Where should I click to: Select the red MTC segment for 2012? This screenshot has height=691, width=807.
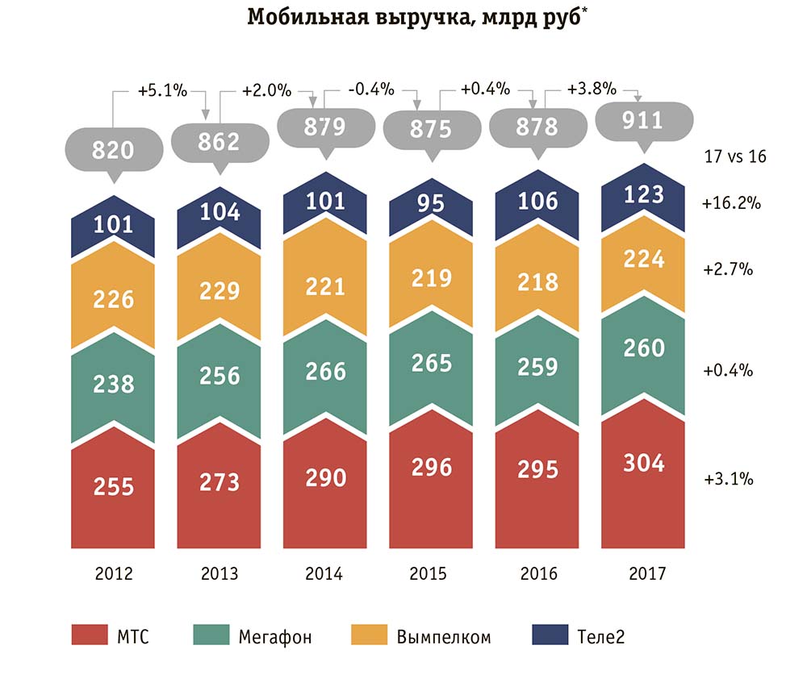click(x=113, y=492)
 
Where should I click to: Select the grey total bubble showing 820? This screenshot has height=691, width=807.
click(x=113, y=150)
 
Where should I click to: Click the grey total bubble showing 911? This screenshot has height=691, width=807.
click(x=643, y=121)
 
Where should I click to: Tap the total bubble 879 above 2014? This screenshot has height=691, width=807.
click(x=324, y=127)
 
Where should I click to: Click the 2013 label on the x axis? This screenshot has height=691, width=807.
click(x=220, y=574)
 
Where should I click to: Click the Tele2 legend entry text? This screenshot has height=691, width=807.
click(x=601, y=637)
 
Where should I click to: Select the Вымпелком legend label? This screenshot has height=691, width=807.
click(x=443, y=637)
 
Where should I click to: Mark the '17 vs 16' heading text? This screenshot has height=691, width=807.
click(x=732, y=156)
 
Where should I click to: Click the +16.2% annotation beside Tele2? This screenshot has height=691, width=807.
click(x=732, y=203)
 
